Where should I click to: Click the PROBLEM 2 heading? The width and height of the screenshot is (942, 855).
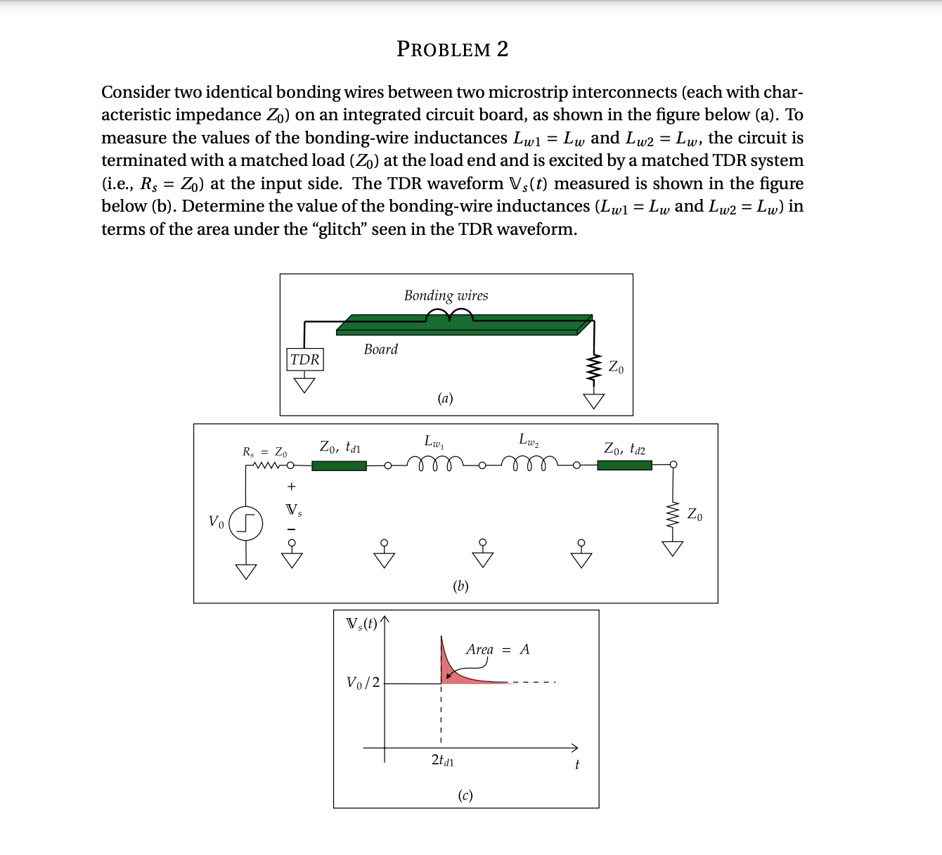452,49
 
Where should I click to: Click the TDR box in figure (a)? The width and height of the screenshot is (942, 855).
304,359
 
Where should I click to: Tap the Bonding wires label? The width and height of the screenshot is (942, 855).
446,295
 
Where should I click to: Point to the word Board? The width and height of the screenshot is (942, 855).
380,349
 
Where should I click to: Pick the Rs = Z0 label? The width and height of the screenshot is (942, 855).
264,451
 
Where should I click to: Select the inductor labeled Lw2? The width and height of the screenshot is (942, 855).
529,463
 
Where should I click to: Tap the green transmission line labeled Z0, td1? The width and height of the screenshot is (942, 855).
339,465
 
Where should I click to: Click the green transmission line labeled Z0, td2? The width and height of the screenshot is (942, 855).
624,465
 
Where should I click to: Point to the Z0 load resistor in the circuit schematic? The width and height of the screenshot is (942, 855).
673,515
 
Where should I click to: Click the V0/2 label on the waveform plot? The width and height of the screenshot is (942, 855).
363,682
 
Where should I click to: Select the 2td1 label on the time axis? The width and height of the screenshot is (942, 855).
442,760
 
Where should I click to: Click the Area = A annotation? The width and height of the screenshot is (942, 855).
497,649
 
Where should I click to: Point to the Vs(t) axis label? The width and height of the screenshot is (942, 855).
361,624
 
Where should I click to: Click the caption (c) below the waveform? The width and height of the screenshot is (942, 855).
465,795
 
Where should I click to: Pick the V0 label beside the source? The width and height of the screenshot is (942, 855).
216,522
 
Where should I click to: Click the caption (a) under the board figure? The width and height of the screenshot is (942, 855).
445,398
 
